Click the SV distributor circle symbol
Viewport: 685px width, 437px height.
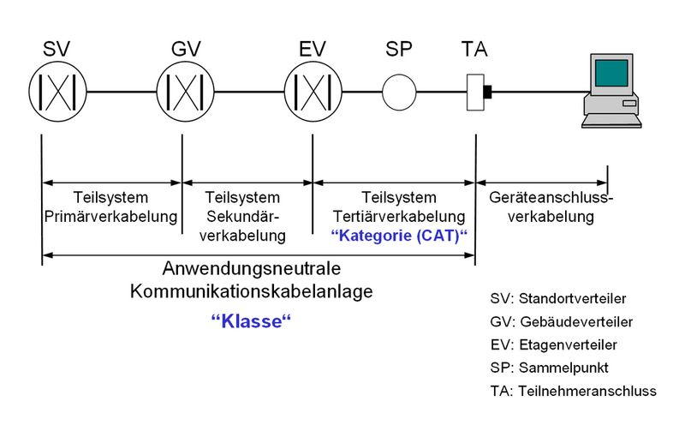tap(54, 91)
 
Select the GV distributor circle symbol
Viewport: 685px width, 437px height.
tap(182, 91)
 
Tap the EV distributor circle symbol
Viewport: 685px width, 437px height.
tap(311, 91)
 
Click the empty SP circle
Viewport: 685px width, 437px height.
tap(398, 91)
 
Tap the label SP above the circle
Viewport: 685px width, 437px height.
tap(398, 49)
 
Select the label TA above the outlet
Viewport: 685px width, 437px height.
tap(475, 49)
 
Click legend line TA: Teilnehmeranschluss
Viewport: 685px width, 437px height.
tap(573, 391)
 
